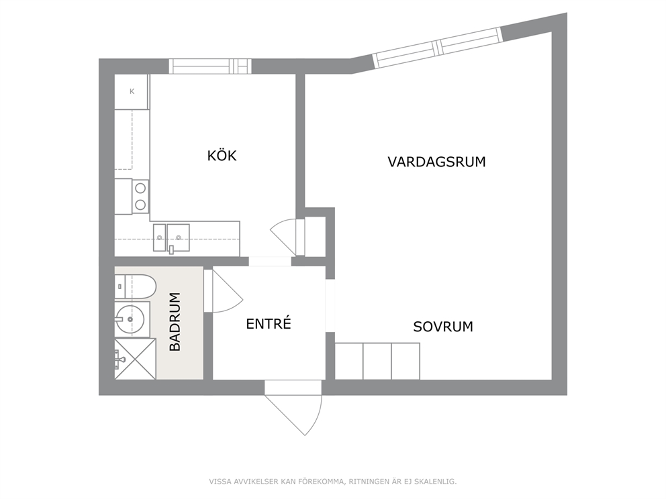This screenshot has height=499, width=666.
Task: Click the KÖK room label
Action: click(222, 156)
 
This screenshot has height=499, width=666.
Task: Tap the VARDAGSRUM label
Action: click(436, 162)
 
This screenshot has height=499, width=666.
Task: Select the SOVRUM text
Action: click(443, 327)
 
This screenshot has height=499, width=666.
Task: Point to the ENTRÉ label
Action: click(269, 323)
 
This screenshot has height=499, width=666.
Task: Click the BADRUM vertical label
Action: click(175, 322)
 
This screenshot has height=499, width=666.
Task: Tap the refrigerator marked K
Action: click(132, 92)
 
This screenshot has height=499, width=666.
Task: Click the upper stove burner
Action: click(140, 188)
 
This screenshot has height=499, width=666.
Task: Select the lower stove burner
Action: click(140, 205)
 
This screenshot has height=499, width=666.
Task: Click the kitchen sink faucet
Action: click(171, 249)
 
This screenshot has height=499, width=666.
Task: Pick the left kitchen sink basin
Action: click(159, 237)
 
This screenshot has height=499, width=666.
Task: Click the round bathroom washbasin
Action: click(130, 319)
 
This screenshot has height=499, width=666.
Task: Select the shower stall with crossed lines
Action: click(135, 359)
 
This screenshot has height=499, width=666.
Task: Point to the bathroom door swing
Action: click(224, 292)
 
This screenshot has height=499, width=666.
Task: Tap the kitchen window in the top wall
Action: click(210, 66)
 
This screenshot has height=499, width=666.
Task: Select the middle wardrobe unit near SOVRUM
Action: click(377, 361)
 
